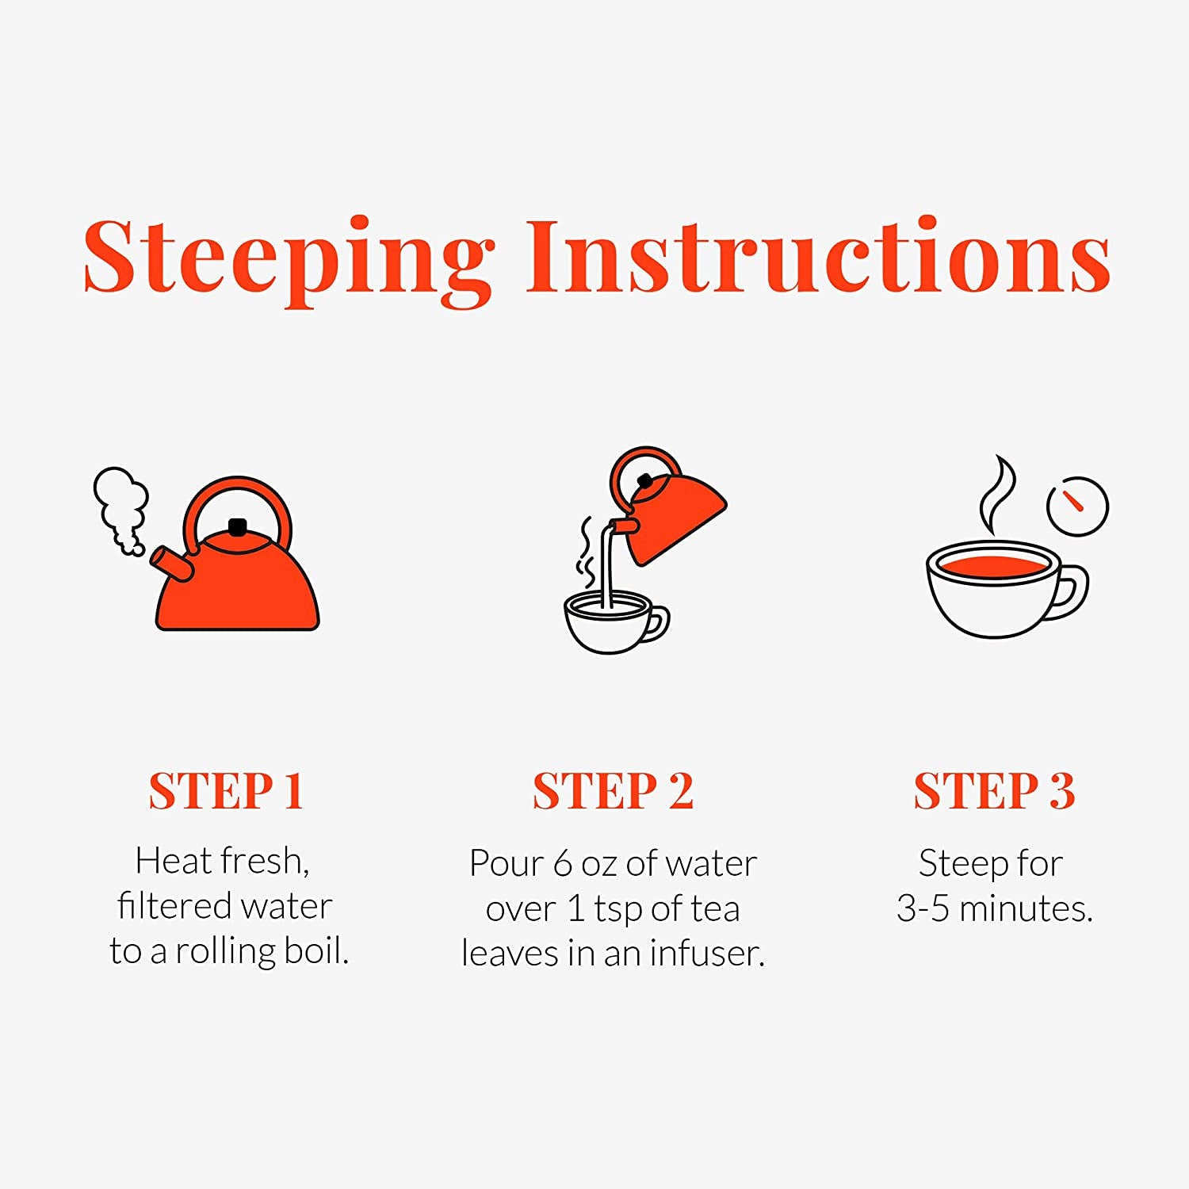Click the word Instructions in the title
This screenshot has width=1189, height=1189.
click(x=818, y=256)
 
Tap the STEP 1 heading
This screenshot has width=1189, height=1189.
click(x=227, y=790)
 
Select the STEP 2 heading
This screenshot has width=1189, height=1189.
click(x=613, y=790)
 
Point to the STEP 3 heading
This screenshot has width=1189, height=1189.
click(x=995, y=790)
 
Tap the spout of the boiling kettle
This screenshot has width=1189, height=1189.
click(x=170, y=563)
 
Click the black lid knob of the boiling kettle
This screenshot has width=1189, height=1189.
click(x=237, y=527)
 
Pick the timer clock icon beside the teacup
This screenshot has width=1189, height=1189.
click(x=1077, y=507)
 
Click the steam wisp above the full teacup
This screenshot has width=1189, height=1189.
click(x=996, y=495)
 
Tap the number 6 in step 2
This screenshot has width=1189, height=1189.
click(x=563, y=863)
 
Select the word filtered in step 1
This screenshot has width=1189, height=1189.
click(x=174, y=905)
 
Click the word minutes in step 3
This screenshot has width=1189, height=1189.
click(x=1027, y=908)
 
